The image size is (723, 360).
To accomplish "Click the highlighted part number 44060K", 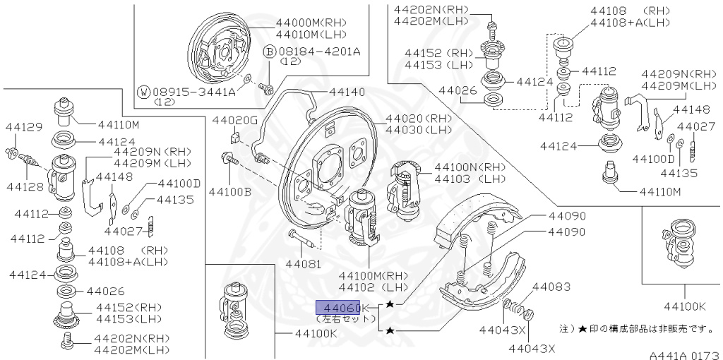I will [x=339, y=308].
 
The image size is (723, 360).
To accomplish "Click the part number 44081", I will [x=303, y=265].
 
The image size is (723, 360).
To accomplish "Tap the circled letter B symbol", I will [x=269, y=51].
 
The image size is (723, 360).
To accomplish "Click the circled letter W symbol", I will [x=143, y=92].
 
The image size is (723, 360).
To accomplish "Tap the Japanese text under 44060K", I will [x=337, y=319].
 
